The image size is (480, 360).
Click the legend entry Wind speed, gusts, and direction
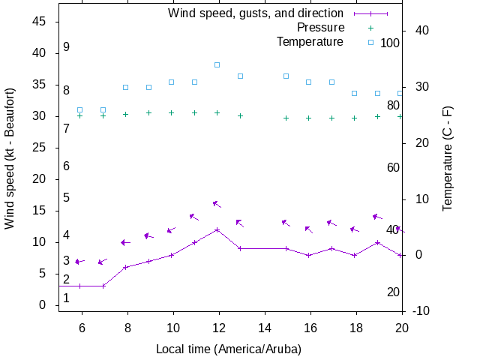tap(255, 13)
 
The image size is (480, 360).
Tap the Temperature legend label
tap(310, 42)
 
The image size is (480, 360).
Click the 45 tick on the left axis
tap(40, 22)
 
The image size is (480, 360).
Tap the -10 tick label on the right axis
tap(421, 311)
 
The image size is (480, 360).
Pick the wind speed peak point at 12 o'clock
tap(217, 229)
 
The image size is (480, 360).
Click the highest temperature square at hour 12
tap(217, 65)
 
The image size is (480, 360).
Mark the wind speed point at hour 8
tap(126, 267)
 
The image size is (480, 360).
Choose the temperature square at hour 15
tap(286, 76)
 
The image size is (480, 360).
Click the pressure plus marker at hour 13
tap(240, 115)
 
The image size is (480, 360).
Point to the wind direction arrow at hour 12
tap(217, 204)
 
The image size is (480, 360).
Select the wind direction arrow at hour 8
tap(126, 242)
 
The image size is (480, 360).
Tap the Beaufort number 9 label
tap(67, 47)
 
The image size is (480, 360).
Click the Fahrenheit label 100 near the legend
tap(390, 43)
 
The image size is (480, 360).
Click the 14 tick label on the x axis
tap(263, 327)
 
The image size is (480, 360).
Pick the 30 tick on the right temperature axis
tap(421, 86)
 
